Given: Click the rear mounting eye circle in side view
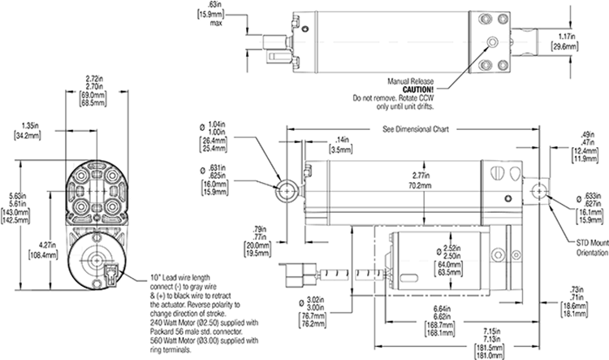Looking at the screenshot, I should (x=287, y=189).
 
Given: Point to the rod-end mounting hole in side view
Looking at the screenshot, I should (x=536, y=190).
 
